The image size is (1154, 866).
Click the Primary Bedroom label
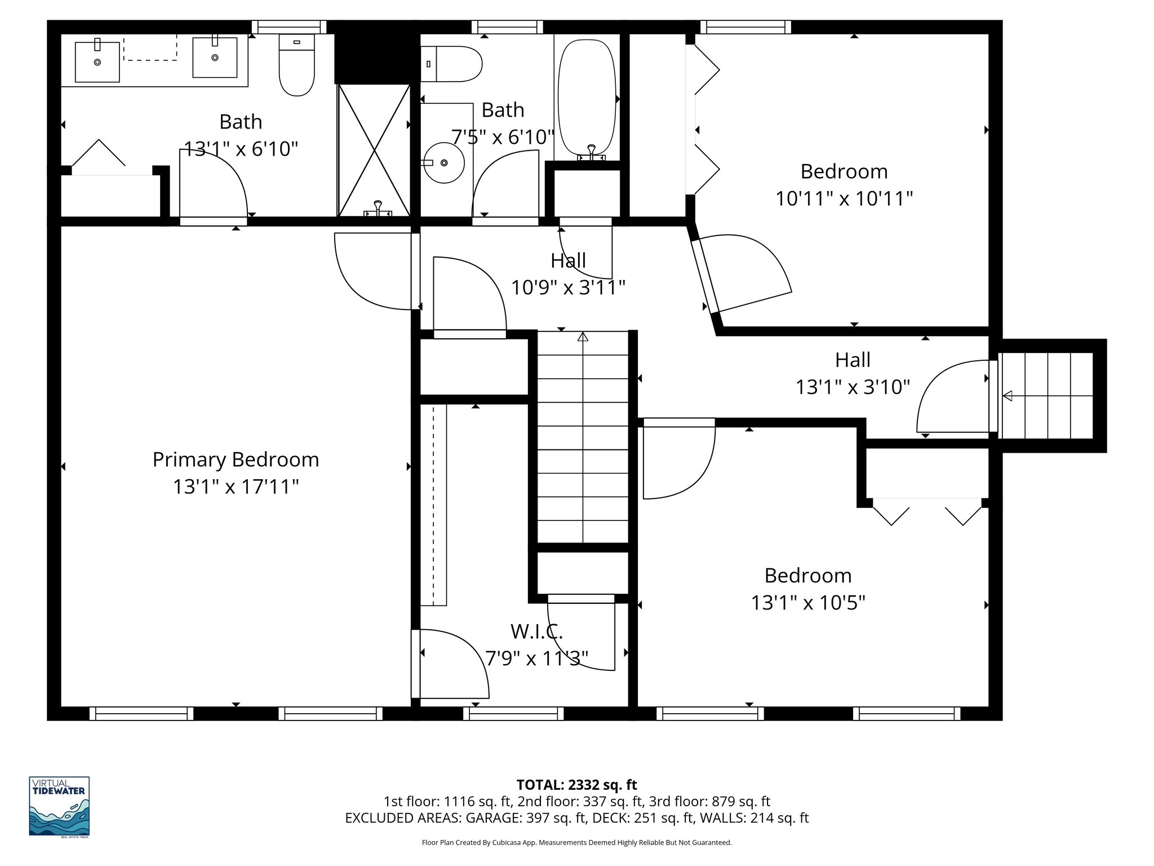click(236, 459)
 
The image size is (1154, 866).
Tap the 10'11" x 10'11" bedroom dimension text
click(844, 198)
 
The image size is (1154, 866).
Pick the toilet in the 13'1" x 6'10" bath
click(296, 65)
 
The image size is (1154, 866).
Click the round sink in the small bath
click(443, 163)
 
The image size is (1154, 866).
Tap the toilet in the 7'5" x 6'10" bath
click(451, 64)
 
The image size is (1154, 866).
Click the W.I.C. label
click(536, 631)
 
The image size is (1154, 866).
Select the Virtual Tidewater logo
click(59, 806)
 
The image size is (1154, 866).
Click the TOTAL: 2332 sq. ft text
click(576, 784)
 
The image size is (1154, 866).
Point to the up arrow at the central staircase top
click(583, 337)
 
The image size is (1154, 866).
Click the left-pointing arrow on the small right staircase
click(1007, 396)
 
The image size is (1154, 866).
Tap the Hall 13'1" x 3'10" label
click(853, 373)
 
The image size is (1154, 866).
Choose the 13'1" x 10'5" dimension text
click(807, 603)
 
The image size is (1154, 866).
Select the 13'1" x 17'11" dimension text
click(236, 487)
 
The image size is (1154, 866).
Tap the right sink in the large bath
click(215, 57)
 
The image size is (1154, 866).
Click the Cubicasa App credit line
click(576, 842)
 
